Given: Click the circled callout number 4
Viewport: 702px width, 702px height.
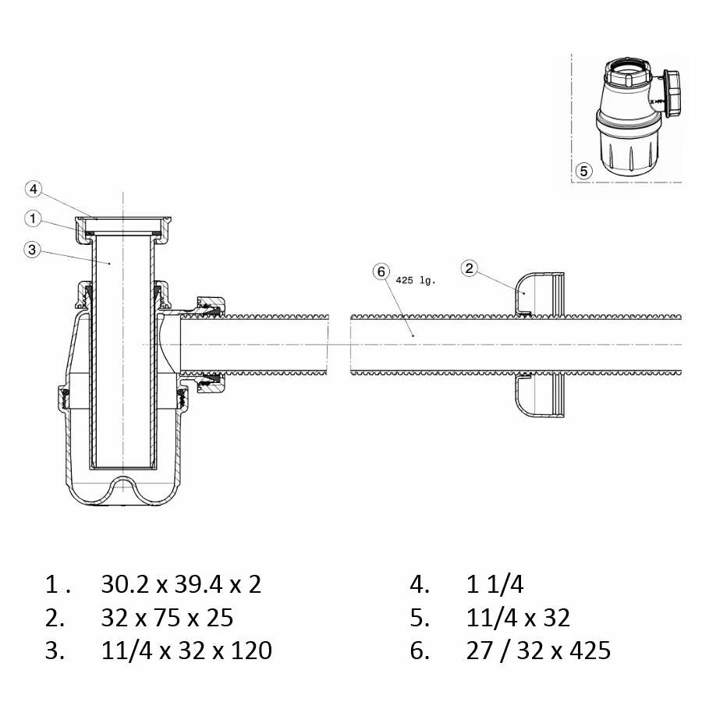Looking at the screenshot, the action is [34, 190].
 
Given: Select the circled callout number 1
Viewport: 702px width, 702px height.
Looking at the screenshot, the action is [33, 219].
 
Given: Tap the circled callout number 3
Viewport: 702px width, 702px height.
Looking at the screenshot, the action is [32, 250].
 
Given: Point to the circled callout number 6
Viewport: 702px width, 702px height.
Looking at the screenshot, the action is [381, 271].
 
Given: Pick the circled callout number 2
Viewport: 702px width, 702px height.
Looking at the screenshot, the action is [470, 268].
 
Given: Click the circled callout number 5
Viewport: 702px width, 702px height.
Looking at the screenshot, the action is [583, 171].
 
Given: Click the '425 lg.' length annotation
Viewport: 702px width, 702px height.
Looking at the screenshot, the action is [416, 281].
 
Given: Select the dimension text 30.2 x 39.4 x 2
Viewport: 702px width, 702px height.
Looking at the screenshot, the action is [181, 584].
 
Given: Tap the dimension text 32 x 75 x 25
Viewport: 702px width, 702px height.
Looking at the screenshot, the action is [167, 618].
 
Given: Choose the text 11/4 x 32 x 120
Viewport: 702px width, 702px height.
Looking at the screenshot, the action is [186, 651].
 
